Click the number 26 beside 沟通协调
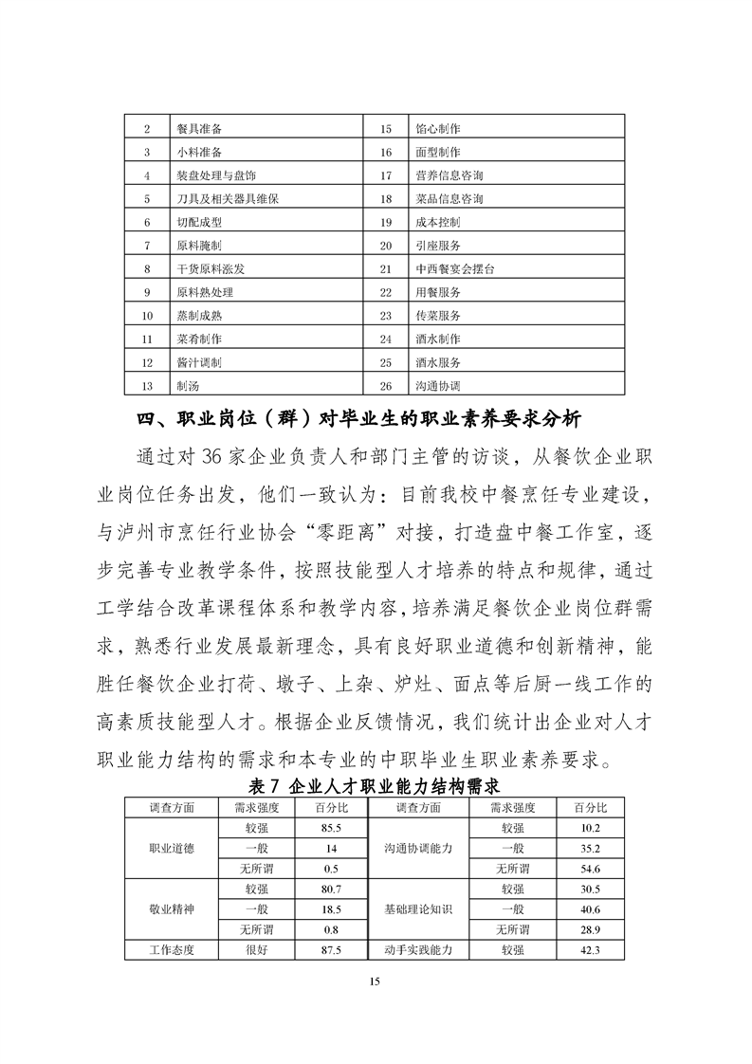386,386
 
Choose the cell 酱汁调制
198,362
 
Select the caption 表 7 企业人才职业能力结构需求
374,785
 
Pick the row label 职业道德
172,848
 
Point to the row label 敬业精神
172,908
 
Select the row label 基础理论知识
418,908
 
